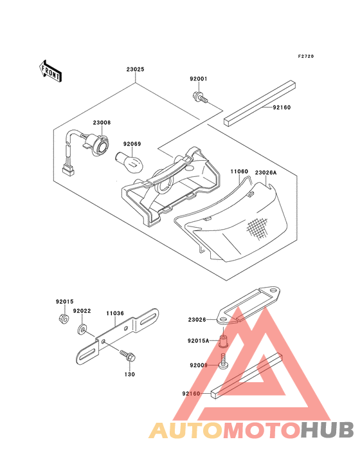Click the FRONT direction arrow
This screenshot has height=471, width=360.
click(x=50, y=69)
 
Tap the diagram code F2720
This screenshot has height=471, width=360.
click(x=306, y=57)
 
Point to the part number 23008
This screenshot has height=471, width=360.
click(x=102, y=122)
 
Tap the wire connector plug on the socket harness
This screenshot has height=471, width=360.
click(x=66, y=172)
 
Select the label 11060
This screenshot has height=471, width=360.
click(x=239, y=172)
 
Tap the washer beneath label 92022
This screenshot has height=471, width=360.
click(x=82, y=330)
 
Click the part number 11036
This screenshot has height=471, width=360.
click(x=115, y=313)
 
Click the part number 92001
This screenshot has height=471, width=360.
click(x=198, y=79)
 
